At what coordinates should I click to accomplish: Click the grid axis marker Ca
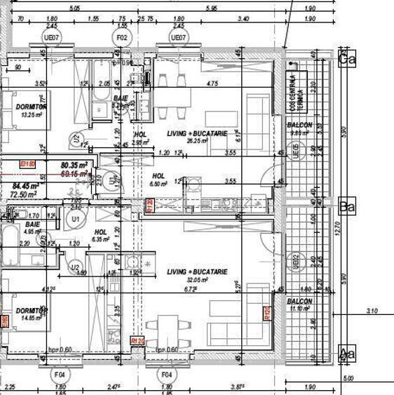coord(345,60)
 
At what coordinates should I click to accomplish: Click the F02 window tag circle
coord(122,37)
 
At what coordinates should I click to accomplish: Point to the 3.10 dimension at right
coord(373,310)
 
